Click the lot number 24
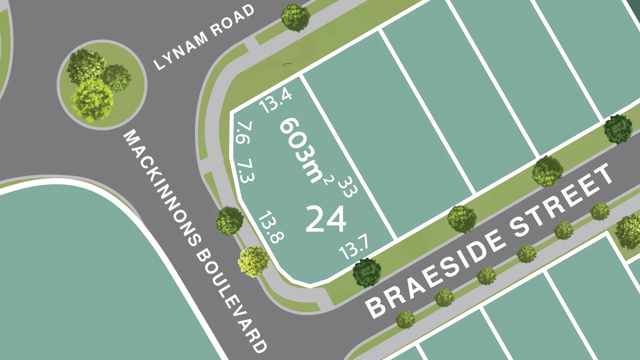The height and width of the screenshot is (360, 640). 326,219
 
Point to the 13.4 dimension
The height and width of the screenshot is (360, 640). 276,100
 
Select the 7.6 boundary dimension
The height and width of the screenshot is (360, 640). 244,132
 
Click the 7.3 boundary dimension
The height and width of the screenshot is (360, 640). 246,171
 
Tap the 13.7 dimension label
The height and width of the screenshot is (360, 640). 354,247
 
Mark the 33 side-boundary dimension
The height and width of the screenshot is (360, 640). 348,187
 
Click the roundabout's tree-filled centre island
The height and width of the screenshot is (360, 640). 102,85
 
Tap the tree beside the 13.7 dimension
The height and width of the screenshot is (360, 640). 367,272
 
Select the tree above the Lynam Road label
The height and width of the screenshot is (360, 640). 295,18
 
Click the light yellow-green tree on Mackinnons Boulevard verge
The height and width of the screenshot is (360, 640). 253,261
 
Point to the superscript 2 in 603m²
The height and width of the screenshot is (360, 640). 328,179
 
